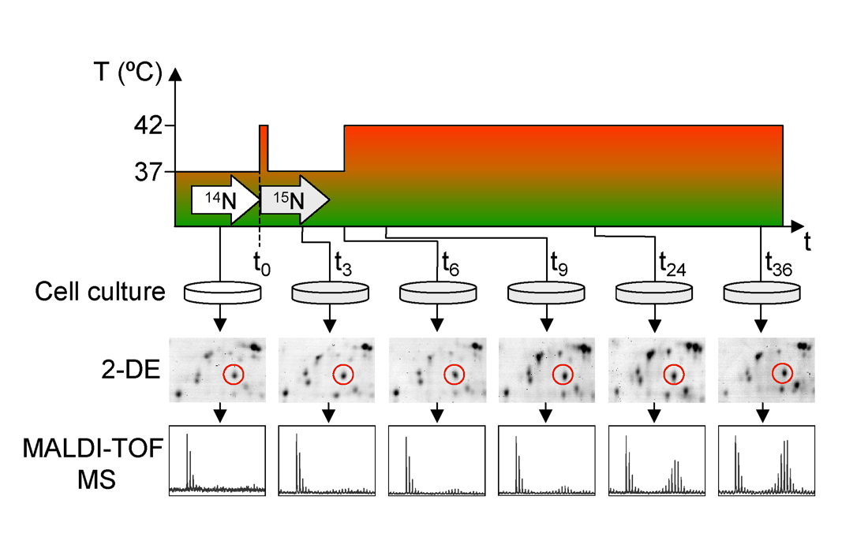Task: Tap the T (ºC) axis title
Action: [127, 74]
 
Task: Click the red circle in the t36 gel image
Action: [782, 373]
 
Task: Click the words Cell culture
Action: [100, 293]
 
